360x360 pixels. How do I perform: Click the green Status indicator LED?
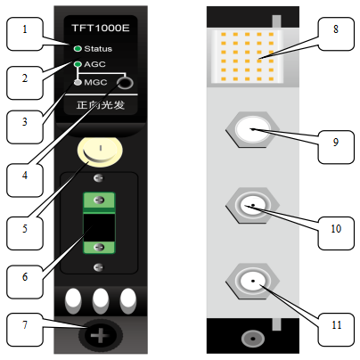78,48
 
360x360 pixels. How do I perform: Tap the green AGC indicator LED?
78,64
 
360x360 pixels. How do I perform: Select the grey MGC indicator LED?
78,82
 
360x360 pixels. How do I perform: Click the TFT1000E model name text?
101,28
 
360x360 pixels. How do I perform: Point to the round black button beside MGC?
125,83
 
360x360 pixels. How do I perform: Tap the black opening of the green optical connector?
99,227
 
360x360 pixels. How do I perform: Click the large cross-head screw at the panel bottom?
101,335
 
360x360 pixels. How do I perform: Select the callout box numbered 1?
25,34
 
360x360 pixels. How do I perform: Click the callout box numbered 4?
25,180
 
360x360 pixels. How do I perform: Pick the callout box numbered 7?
25,330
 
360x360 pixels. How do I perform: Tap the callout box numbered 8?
336,34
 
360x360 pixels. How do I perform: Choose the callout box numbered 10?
336,233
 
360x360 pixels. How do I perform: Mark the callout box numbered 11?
336,330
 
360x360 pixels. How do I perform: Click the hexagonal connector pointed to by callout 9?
252,129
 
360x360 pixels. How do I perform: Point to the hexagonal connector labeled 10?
252,205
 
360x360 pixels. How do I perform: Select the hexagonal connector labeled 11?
252,281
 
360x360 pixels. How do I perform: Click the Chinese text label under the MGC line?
101,105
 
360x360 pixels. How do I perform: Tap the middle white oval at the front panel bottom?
101,300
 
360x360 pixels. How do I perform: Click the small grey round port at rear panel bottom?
253,339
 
